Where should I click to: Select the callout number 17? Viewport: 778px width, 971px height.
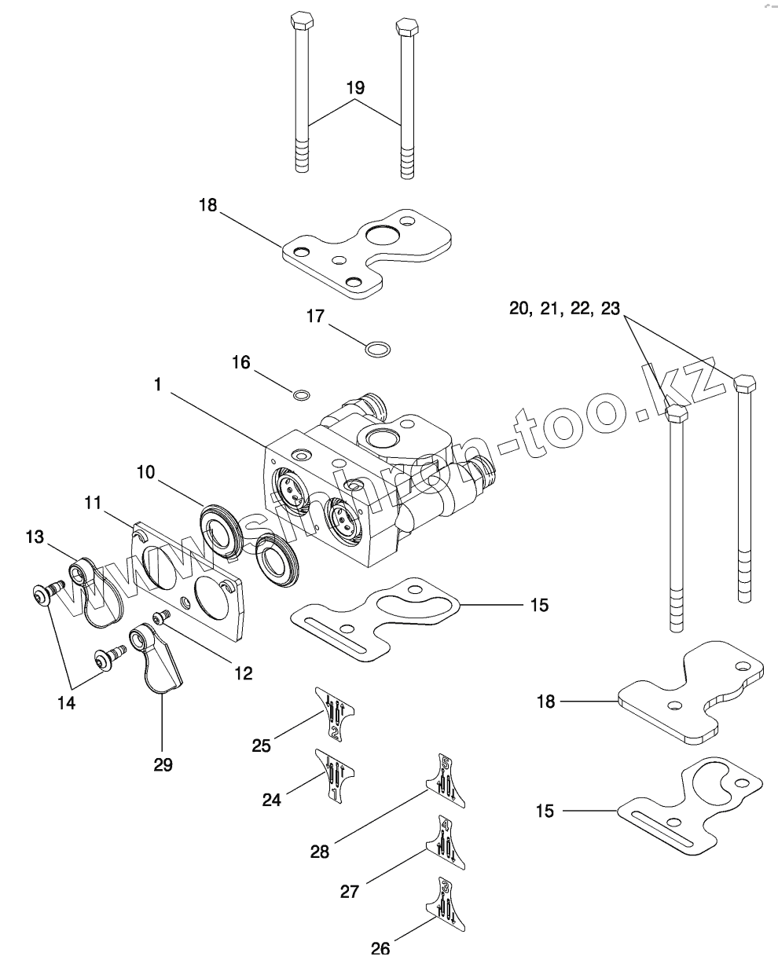[315, 317]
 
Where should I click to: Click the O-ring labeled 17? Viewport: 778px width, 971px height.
[379, 346]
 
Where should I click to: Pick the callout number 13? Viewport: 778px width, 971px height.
[35, 537]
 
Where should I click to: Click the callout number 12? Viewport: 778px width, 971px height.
[243, 672]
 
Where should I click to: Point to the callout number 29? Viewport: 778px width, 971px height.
[163, 764]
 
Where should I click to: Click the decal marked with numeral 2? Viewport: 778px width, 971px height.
[335, 713]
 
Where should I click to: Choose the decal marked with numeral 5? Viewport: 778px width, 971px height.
[446, 780]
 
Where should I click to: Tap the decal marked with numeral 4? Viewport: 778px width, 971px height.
[446, 842]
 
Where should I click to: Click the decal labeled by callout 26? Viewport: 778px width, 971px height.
[446, 905]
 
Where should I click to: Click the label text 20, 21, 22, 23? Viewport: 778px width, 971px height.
[564, 308]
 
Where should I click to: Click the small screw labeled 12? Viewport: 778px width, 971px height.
[162, 618]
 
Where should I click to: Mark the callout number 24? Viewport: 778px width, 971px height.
[271, 800]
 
